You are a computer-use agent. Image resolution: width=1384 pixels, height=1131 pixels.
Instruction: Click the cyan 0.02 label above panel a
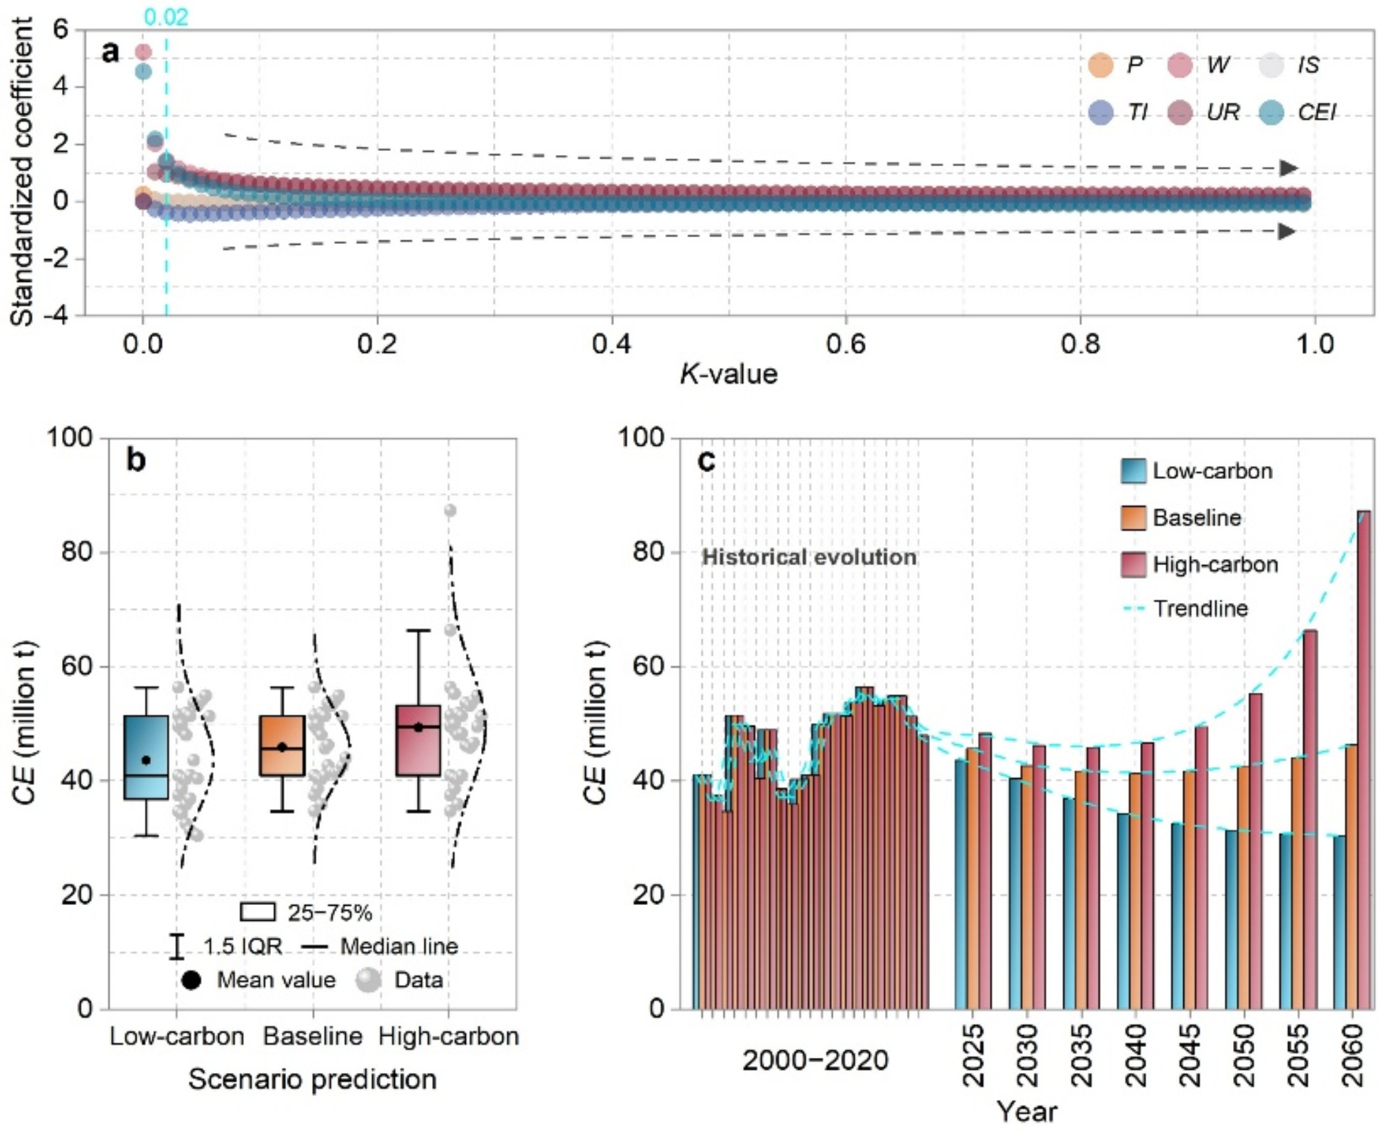point(166,17)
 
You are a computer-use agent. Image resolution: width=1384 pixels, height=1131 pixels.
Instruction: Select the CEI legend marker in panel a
point(1271,112)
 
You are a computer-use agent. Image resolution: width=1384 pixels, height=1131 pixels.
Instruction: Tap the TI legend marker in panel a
point(1101,112)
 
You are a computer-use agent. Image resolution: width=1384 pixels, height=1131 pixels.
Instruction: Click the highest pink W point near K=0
point(143,52)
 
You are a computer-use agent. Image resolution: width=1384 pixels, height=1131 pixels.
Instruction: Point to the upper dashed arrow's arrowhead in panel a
point(1288,168)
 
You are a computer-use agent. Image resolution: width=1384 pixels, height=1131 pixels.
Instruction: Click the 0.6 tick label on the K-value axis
point(846,343)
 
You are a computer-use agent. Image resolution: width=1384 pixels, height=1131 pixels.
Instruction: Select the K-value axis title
point(729,374)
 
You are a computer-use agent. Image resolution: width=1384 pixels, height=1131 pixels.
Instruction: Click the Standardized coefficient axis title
point(22,172)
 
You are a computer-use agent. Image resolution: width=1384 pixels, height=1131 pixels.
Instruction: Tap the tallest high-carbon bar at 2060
point(1363,758)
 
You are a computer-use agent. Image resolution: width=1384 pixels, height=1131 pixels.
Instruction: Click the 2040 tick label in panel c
point(1135,1055)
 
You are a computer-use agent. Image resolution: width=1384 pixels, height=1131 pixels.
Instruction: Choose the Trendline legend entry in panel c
point(1200,609)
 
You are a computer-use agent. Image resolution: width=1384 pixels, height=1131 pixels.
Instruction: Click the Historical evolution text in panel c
point(809,557)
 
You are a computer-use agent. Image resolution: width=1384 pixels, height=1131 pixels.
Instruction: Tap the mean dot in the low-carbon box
point(146,760)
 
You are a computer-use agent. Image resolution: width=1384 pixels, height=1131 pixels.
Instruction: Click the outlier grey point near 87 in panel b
point(450,511)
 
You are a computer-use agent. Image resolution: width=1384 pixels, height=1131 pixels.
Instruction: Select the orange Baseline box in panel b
point(283,746)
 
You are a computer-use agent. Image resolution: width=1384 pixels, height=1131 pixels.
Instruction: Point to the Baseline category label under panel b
point(313,1037)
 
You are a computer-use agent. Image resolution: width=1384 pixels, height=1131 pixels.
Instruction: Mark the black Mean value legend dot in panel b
point(191,980)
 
